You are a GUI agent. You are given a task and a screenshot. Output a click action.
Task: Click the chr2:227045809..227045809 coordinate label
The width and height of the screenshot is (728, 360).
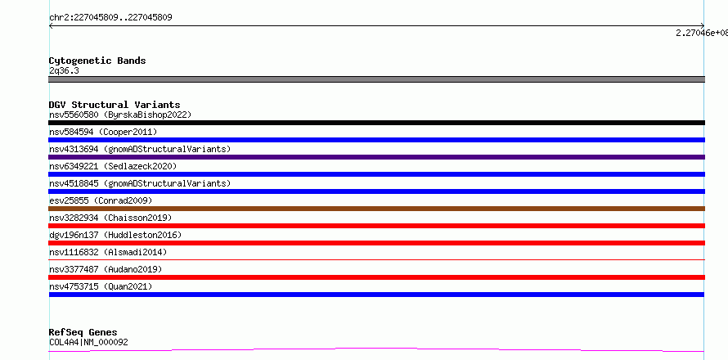coord(110,18)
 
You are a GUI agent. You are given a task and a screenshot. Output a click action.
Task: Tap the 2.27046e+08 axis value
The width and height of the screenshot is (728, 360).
coord(702,33)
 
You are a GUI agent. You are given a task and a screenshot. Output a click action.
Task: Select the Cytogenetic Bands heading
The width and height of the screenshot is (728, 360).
coord(97,61)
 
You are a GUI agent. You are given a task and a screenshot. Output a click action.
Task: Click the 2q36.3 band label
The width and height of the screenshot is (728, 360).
coord(64,70)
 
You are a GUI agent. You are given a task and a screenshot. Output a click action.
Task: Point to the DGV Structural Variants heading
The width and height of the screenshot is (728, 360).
coord(115,105)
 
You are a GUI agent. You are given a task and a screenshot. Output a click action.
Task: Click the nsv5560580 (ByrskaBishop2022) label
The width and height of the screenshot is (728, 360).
coord(120,115)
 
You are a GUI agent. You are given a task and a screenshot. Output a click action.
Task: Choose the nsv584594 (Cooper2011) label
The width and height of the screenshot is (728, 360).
coord(103,132)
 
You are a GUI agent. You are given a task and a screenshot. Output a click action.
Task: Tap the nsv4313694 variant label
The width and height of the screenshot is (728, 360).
coord(140,149)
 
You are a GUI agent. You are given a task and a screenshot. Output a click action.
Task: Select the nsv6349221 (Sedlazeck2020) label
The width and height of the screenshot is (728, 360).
coord(113,166)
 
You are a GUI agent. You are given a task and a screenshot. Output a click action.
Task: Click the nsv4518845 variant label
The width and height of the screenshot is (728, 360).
coord(140,183)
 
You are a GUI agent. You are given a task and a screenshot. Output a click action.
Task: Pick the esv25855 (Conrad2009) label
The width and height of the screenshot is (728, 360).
coord(101,200)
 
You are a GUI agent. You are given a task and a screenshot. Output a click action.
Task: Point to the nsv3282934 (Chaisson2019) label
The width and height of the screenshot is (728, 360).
coord(110,218)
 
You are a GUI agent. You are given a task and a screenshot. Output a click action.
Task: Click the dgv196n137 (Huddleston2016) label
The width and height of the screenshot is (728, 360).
coord(115,235)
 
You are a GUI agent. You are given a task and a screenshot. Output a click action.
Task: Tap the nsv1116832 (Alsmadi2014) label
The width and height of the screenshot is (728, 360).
coord(108,252)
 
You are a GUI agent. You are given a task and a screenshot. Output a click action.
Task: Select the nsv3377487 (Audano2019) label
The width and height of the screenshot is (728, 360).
coord(106,269)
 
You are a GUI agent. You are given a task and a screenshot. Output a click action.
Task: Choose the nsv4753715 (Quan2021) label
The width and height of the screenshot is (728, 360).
coord(101,286)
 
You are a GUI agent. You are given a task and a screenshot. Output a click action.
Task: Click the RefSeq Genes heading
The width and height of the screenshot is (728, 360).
coord(83,333)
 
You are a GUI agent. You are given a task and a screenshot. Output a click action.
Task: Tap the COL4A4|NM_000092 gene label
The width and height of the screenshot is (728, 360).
coord(88,342)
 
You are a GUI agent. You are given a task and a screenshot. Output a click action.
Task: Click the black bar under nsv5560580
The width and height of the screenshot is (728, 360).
coord(376,123)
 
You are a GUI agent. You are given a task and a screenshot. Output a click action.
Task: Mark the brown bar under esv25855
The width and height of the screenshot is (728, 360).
coord(376,209)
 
